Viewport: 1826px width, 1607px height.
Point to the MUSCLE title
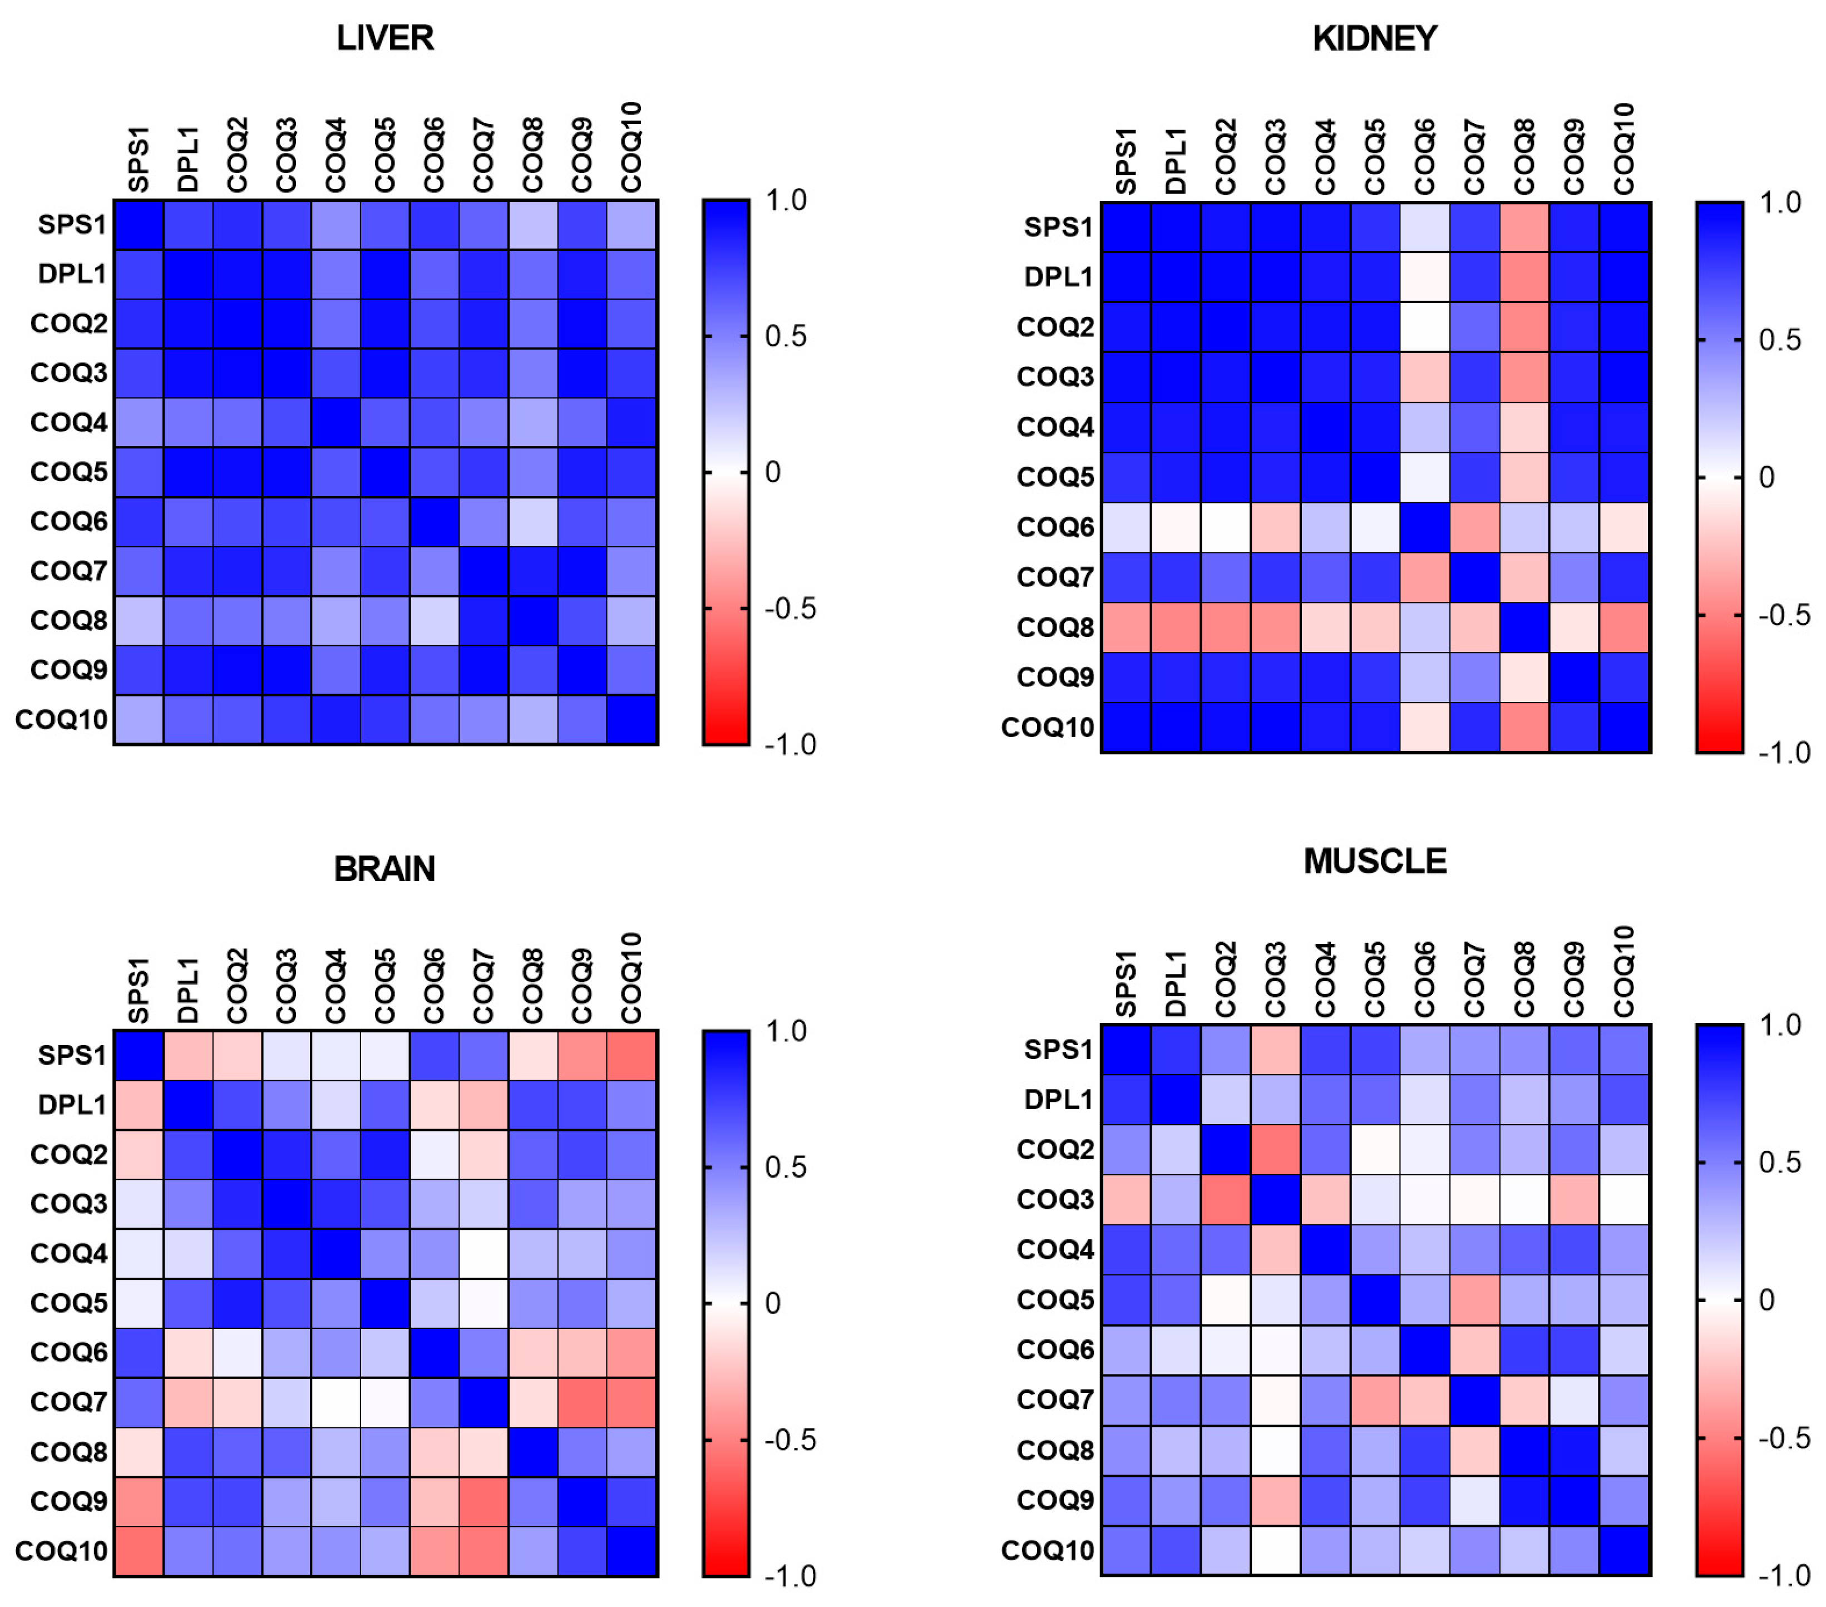1374,861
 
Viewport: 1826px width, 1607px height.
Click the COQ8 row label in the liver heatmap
69,620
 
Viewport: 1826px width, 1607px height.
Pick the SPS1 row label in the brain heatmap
71,1055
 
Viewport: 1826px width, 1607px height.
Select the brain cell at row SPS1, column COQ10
631,1055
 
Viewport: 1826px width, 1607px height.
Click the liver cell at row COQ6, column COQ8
534,521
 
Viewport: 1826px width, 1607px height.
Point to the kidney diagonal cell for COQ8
1524,627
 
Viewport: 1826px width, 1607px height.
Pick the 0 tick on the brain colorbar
773,1303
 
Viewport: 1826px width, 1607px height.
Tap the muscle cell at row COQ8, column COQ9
1574,1449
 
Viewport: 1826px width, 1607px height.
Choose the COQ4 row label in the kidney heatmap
1055,427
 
